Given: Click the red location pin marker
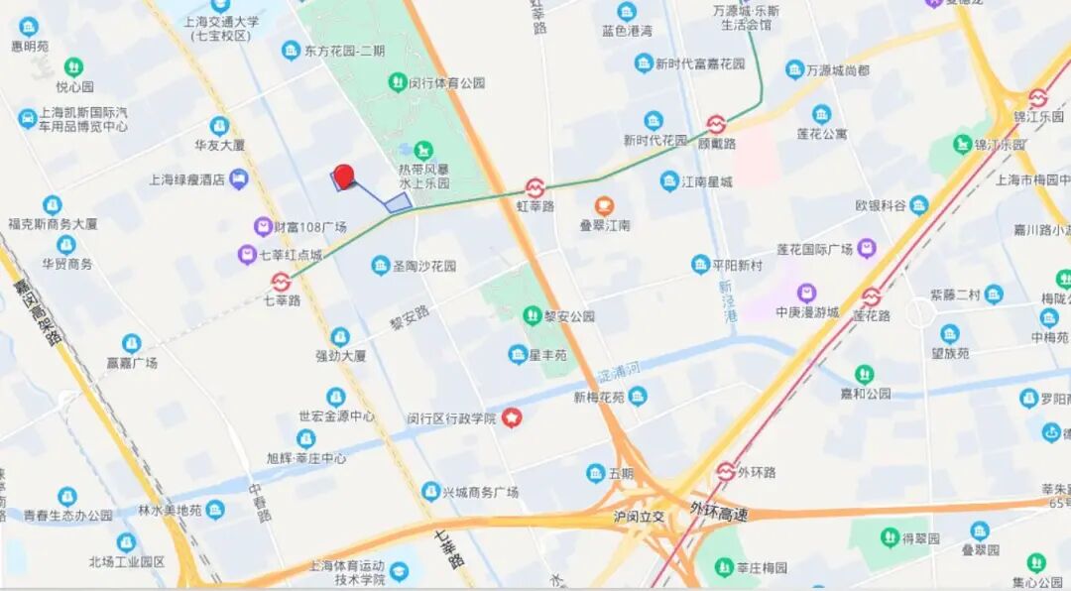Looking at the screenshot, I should (343, 177).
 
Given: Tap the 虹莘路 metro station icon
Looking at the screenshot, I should (535, 187).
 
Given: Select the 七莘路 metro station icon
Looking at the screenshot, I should (281, 282).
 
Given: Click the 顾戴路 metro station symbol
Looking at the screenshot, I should (716, 124).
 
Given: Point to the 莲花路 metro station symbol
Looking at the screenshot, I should (871, 296).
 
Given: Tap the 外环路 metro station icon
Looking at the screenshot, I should (726, 471).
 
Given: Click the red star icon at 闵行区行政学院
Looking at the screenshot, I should (512, 417).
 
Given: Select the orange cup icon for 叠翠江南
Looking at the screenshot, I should (604, 206).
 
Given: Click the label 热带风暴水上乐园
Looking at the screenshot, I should (424, 177).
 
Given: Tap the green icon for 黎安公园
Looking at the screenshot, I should (533, 315).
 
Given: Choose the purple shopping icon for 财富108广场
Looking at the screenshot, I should (263, 227).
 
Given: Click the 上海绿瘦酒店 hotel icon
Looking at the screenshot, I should (238, 179).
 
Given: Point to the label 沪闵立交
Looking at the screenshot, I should (640, 517).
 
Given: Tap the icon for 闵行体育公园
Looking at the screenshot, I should (398, 82).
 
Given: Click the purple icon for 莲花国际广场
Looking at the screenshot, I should (867, 248).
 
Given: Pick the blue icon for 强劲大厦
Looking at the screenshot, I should (340, 336).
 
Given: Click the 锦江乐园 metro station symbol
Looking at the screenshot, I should (1037, 97).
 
